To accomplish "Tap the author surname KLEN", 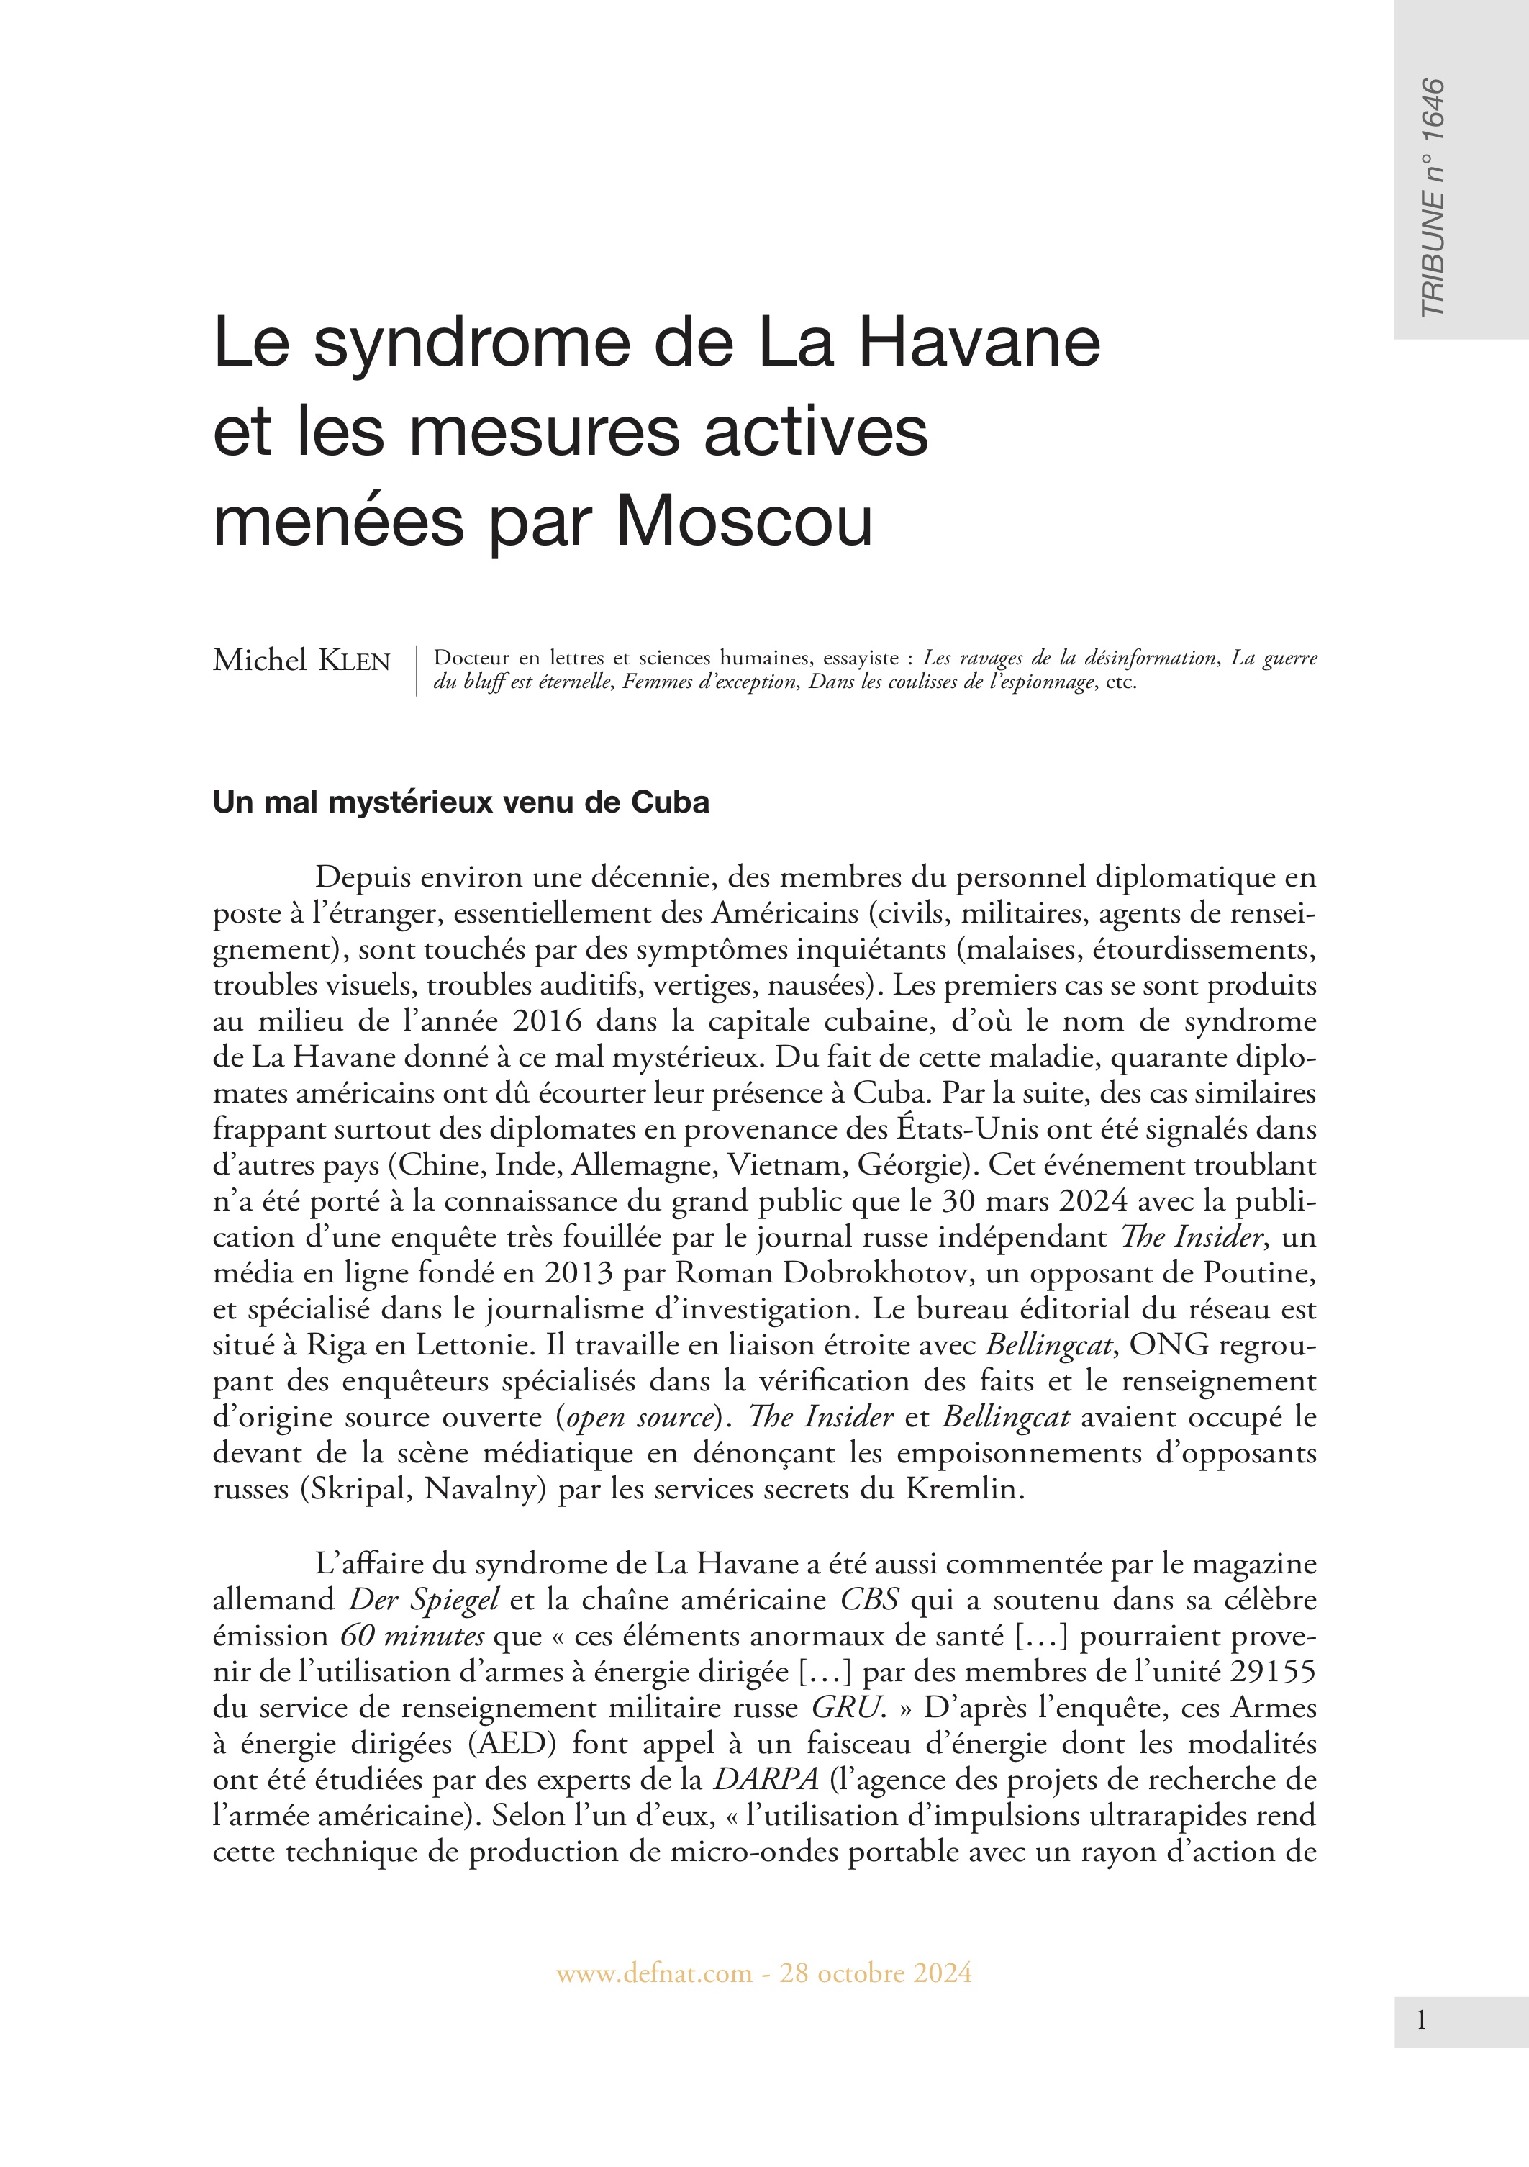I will [355, 661].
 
